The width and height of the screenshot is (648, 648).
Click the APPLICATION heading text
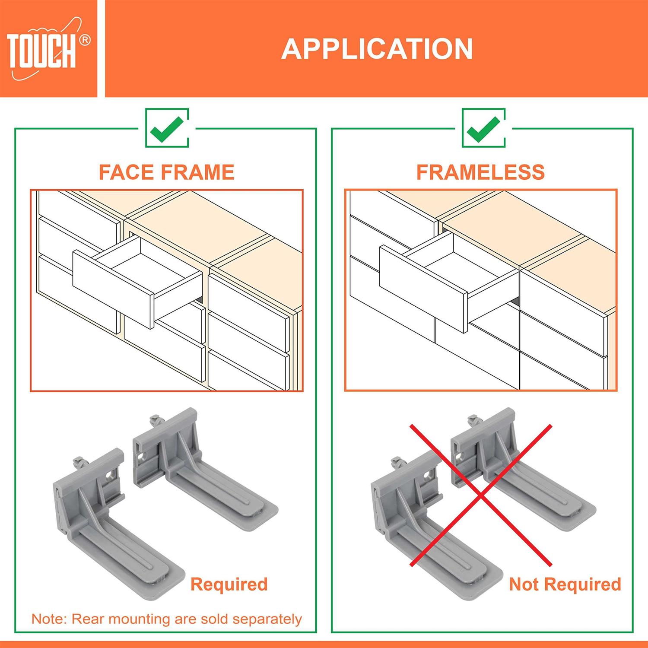coord(377,49)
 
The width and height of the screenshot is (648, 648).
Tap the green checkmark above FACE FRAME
coord(167,128)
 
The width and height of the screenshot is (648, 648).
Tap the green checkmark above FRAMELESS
coord(483,128)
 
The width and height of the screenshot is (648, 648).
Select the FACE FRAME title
coord(166,172)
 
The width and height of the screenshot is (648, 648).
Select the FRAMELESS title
coord(480,172)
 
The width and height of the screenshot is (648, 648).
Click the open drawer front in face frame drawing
coord(113,289)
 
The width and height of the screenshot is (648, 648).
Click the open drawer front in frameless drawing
coord(422,288)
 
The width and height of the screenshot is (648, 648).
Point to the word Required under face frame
coord(229,584)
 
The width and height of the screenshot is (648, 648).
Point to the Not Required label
coord(565,584)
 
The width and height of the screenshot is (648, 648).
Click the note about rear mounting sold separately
coord(166,619)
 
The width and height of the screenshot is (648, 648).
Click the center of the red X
coord(480,496)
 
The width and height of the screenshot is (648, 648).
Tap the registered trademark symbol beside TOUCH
coord(85,40)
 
